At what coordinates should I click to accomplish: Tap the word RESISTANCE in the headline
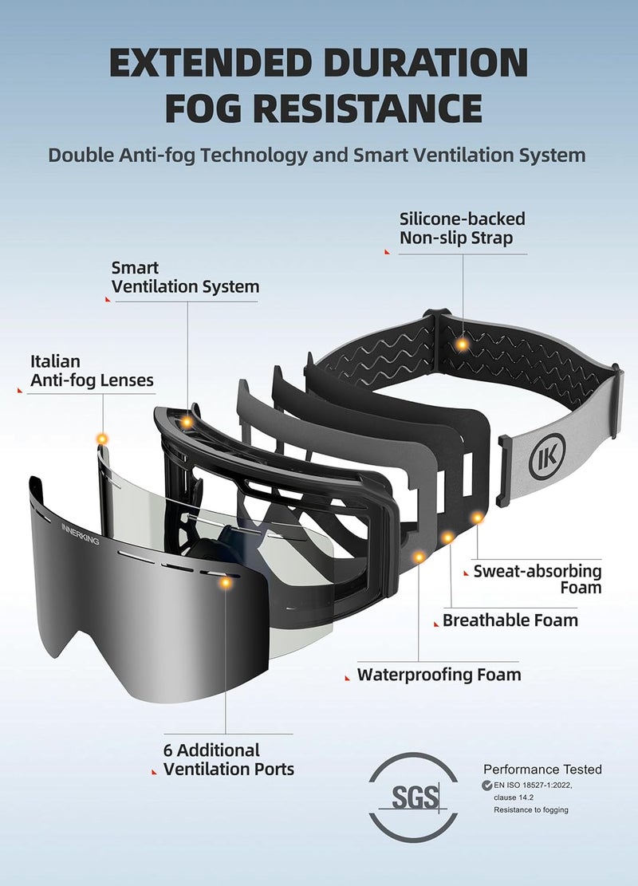368,108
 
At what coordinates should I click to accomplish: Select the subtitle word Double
81,155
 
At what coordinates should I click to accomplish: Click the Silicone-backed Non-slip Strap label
463,228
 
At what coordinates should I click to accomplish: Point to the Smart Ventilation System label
185,277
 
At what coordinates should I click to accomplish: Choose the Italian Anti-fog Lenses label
92,371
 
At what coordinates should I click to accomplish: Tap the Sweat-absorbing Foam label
538,579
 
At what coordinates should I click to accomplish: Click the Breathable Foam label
510,620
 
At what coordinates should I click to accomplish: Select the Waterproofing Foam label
439,675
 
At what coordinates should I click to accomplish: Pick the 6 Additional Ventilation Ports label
228,759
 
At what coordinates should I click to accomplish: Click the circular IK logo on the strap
547,457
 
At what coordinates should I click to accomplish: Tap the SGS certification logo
413,797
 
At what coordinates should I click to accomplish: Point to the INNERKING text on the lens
81,534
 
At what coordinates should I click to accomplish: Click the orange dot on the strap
463,344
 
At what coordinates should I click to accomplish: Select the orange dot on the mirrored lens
226,582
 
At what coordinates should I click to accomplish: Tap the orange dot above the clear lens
102,439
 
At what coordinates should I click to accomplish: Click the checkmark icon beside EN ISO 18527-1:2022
486,786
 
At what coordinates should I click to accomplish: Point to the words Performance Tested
542,769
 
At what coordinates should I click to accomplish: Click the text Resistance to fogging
531,809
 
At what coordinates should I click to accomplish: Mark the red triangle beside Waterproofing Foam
348,678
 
